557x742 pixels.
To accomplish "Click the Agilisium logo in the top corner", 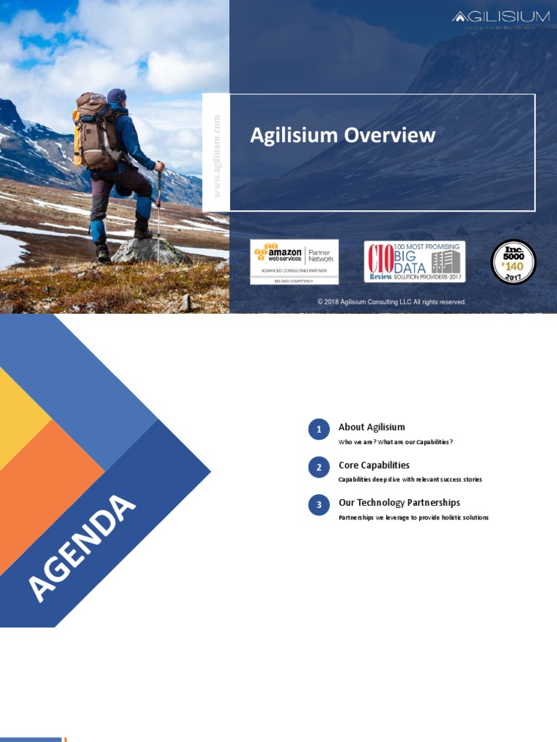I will (x=500, y=17).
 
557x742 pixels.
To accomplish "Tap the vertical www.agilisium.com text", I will (x=216, y=155).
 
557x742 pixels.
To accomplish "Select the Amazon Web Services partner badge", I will (x=294, y=262).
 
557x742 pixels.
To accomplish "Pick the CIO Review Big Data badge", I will (x=414, y=262).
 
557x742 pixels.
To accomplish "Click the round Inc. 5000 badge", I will (x=513, y=262).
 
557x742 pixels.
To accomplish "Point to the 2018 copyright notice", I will (x=392, y=302).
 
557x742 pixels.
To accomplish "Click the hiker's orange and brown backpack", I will (x=94, y=130).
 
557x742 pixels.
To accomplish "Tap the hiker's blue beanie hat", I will (x=116, y=95).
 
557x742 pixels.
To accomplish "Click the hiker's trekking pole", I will (x=159, y=210).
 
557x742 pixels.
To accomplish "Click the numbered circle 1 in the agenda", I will (x=318, y=430).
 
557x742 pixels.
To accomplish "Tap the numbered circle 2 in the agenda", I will (x=318, y=467).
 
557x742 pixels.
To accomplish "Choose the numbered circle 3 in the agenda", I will (x=318, y=505).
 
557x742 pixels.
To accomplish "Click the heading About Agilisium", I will (x=371, y=427).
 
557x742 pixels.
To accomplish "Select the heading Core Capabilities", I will (x=374, y=465).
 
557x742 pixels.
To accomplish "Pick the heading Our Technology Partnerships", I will (x=399, y=502).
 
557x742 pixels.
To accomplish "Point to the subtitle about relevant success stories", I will (x=410, y=480).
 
